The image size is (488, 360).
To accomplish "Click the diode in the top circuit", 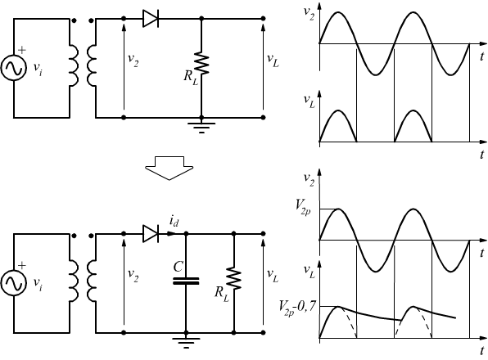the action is pyautogui.click(x=151, y=19).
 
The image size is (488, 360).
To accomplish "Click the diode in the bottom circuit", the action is pyautogui.click(x=151, y=233).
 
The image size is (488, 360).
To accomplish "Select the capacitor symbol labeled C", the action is pyautogui.click(x=186, y=281).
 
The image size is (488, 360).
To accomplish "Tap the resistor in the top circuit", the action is pyautogui.click(x=201, y=64).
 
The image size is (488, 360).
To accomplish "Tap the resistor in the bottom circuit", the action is pyautogui.click(x=233, y=278).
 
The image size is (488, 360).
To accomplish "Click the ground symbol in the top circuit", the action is pyautogui.click(x=201, y=128).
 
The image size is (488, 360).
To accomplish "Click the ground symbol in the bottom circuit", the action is pyautogui.click(x=186, y=343).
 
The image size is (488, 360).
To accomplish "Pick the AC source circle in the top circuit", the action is pyautogui.click(x=14, y=68).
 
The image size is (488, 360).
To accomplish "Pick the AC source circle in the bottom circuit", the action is pyautogui.click(x=14, y=283).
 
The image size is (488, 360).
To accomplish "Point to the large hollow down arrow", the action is pyautogui.click(x=169, y=168).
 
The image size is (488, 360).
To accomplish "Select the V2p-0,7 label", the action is pyautogui.click(x=297, y=308).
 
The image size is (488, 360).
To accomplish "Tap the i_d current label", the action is pyautogui.click(x=174, y=221).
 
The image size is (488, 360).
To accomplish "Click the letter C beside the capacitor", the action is pyautogui.click(x=178, y=267).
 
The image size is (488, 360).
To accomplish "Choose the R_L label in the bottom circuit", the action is pyautogui.click(x=222, y=294).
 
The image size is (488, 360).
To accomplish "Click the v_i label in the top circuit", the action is pyautogui.click(x=38, y=69).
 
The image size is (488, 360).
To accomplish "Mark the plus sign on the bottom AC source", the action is pyautogui.click(x=22, y=265).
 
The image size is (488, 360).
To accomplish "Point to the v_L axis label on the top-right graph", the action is pyautogui.click(x=310, y=101).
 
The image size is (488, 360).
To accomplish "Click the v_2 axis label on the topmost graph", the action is pyautogui.click(x=309, y=13).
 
